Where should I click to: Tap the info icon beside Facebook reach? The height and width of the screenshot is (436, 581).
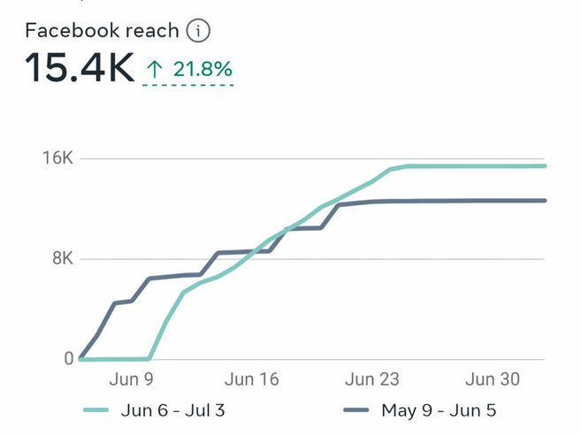point(200,31)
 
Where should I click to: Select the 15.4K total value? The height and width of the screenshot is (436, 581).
point(80,68)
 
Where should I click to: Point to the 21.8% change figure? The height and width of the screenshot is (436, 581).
point(203,69)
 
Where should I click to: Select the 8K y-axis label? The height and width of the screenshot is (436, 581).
point(62,259)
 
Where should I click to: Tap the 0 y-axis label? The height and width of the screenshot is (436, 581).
point(68,359)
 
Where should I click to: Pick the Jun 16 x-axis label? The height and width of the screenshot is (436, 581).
point(252,380)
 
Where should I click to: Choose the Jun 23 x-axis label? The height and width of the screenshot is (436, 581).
point(372,380)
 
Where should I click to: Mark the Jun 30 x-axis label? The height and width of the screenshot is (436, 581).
point(493,380)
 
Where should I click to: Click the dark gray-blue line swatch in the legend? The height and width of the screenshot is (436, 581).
point(355,410)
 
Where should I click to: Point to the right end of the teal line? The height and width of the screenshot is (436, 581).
point(545,165)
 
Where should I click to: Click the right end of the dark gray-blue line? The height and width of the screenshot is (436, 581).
point(545,201)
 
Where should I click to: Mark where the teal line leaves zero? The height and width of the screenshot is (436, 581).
point(149,359)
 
